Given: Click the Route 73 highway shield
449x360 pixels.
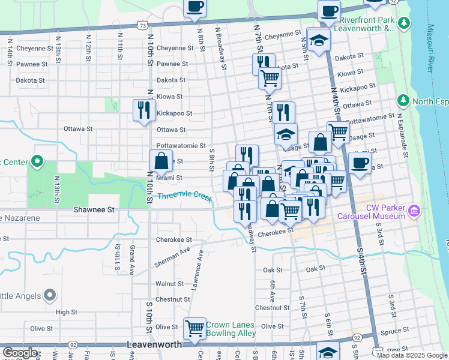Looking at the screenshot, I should (142, 25).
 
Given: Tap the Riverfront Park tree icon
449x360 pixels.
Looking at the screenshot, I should (405, 23).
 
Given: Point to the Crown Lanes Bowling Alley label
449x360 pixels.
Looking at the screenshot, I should (231, 329).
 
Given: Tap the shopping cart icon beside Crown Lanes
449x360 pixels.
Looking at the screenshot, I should (194, 328).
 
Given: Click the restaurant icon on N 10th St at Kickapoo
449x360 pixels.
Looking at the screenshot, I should (143, 109).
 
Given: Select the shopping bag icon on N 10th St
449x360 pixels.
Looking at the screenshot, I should (161, 160).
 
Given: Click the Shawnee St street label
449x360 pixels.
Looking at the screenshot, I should (94, 209).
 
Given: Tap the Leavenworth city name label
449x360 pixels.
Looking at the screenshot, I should (158, 346).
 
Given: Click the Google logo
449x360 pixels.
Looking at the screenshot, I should (20, 353).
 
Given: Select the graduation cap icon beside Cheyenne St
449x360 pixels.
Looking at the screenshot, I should (319, 40).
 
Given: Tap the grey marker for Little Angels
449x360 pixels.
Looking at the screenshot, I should (50, 295).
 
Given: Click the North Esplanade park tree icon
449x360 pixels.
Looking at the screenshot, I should (403, 100).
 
